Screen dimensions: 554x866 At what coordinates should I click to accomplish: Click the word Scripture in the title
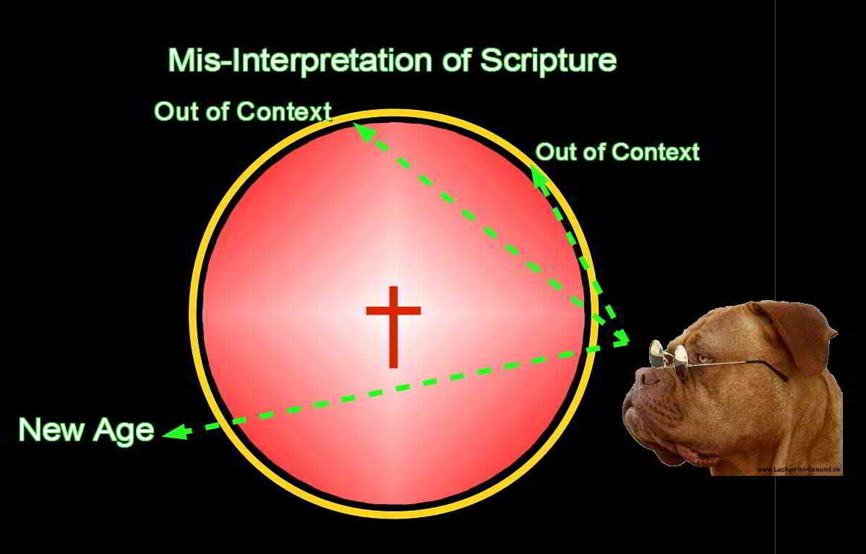tap(548, 61)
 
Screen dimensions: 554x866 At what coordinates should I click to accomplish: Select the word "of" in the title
tap(455, 61)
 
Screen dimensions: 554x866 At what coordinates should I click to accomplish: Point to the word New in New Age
tap(50, 430)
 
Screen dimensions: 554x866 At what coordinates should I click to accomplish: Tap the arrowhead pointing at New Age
tap(173, 432)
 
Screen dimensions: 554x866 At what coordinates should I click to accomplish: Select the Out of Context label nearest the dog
tap(617, 152)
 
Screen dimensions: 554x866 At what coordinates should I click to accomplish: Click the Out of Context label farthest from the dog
tap(242, 112)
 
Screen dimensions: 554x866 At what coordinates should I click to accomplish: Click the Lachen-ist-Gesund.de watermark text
tap(798, 469)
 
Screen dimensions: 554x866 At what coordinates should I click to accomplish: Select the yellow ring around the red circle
tap(194, 311)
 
